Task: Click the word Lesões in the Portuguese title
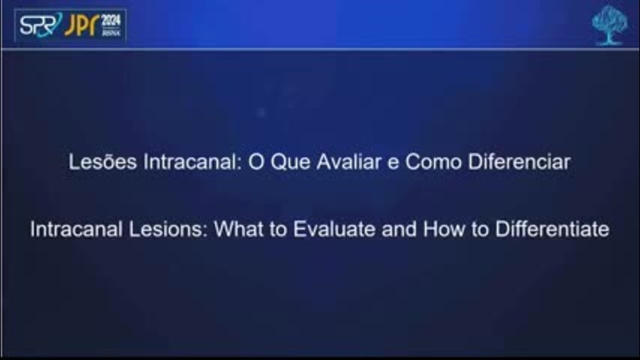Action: tap(103, 162)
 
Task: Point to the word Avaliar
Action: tap(349, 162)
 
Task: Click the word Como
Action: tap(433, 162)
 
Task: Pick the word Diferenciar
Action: tap(519, 162)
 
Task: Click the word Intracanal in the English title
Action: tap(76, 229)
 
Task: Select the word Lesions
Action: tap(168, 229)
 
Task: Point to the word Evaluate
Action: tap(334, 229)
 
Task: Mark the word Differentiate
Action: tap(552, 229)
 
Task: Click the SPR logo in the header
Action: tap(40, 25)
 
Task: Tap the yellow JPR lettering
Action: tap(82, 25)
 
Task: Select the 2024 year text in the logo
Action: tap(111, 20)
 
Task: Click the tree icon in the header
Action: tap(610, 25)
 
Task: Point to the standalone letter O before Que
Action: tap(256, 162)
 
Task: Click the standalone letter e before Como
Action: tap(393, 163)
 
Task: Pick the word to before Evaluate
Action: tap(277, 229)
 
